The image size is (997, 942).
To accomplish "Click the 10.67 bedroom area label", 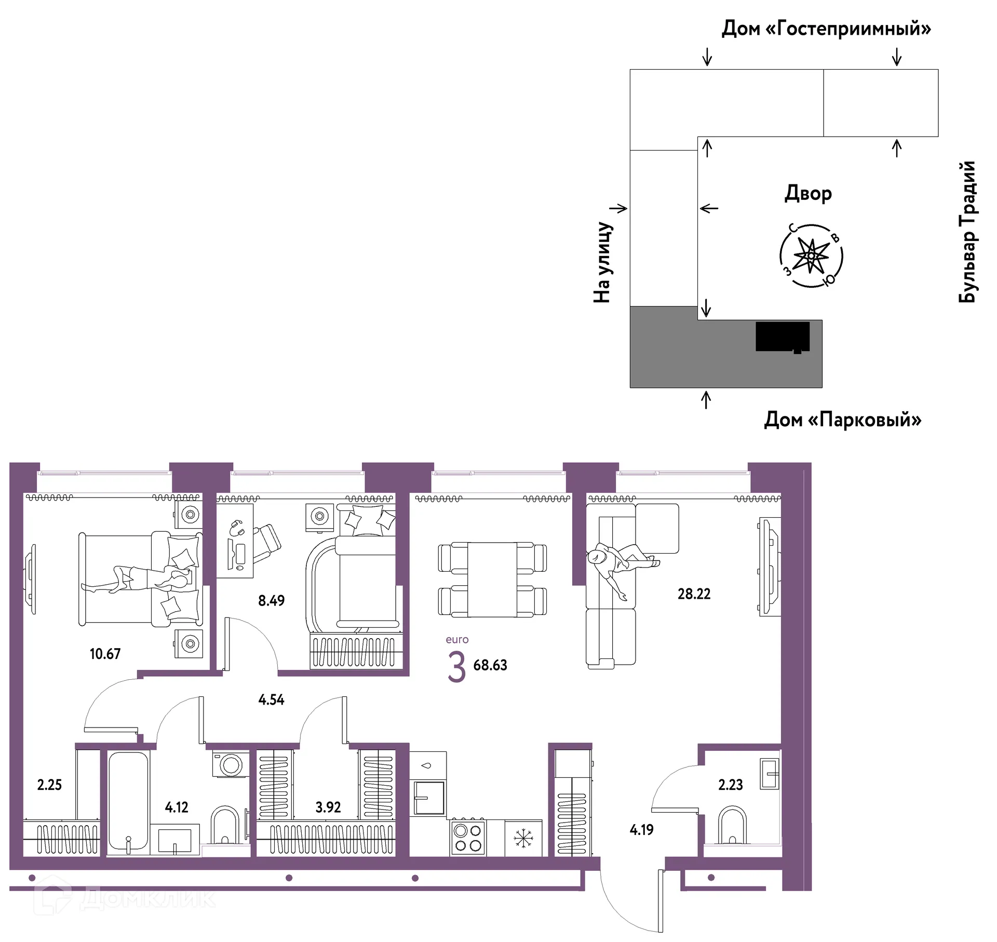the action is [105, 654].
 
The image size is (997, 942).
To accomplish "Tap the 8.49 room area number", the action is [271, 601].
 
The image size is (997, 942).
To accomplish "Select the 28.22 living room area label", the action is [694, 594].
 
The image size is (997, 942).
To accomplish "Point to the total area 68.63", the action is [490, 665].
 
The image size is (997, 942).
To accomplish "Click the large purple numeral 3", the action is [456, 667].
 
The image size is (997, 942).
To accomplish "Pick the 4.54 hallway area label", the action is [271, 700].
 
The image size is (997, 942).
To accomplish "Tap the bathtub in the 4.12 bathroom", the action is [128, 802].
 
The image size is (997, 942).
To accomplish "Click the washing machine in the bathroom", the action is [230, 765].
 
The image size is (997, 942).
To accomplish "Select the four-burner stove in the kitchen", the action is [468, 838].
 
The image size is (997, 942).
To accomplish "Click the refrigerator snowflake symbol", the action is [523, 838].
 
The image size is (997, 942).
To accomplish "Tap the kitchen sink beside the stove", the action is [429, 798].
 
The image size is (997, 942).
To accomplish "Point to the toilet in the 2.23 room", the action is [732, 825].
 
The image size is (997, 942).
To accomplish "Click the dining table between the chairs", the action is [492, 580].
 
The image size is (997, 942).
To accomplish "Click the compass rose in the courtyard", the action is [811, 255].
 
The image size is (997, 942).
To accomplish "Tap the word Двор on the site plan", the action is [808, 193].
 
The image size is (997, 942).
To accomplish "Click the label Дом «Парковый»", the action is [843, 419].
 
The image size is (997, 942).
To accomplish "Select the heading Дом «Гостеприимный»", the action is [826, 28].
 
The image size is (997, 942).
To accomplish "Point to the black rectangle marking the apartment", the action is [783, 337].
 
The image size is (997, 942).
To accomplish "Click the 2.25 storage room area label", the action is [49, 785].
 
